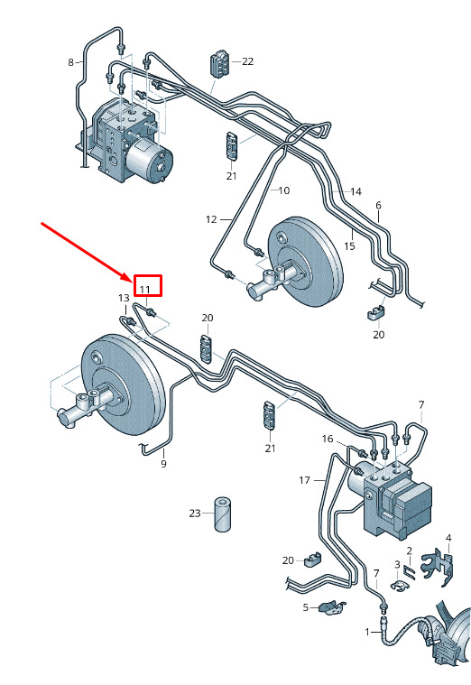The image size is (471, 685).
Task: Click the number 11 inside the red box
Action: point(144,289)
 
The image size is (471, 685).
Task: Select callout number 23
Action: point(195,514)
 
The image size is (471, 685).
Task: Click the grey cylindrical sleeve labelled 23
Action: point(222,514)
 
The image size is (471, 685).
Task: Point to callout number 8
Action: point(70,62)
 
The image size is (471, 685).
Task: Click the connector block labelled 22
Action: point(221,64)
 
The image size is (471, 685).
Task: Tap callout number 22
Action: point(248,61)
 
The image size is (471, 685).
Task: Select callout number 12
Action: point(211,219)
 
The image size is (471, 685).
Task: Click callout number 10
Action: point(284,190)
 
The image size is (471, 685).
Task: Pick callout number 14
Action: point(356,191)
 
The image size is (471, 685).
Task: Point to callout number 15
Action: point(349,246)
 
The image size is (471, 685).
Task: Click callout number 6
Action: point(378,205)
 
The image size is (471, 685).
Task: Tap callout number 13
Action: point(125,298)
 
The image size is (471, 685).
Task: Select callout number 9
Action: point(163,464)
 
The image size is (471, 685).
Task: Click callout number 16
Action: point(328,439)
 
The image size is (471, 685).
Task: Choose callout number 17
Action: point(305,480)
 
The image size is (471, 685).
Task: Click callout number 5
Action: point(306,607)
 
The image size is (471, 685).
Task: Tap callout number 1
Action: point(367,632)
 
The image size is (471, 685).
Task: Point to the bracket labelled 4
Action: point(438,567)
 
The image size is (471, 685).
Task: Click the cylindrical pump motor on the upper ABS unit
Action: point(150,160)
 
